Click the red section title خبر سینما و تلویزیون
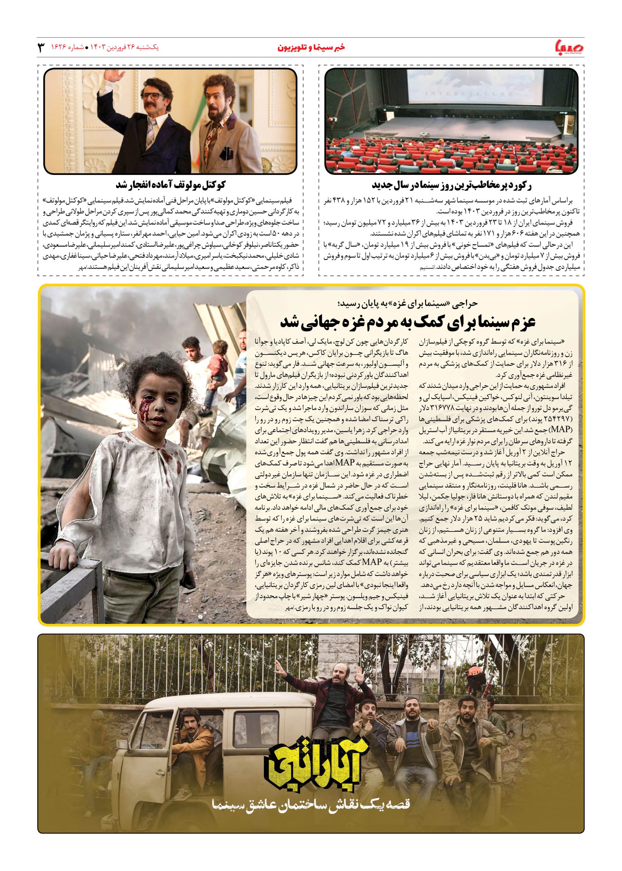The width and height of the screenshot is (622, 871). (312, 48)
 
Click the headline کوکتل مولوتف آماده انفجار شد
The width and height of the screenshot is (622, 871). (171, 185)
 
